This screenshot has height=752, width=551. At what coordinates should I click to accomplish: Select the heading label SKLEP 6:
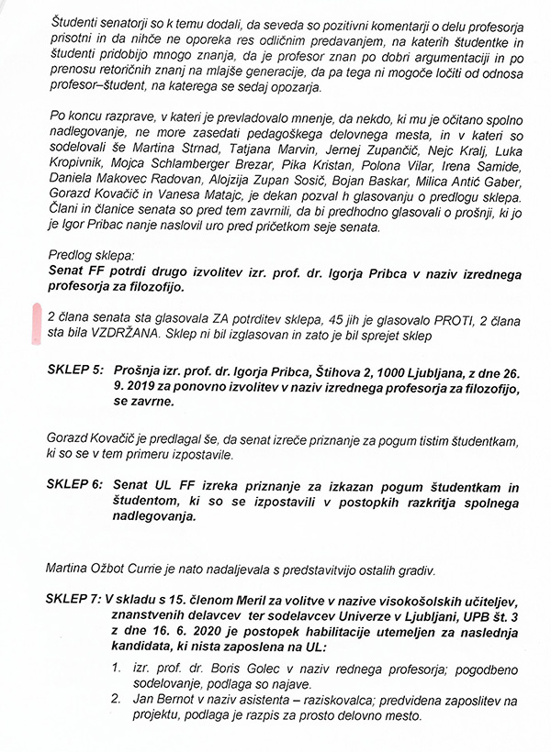click(x=75, y=483)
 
